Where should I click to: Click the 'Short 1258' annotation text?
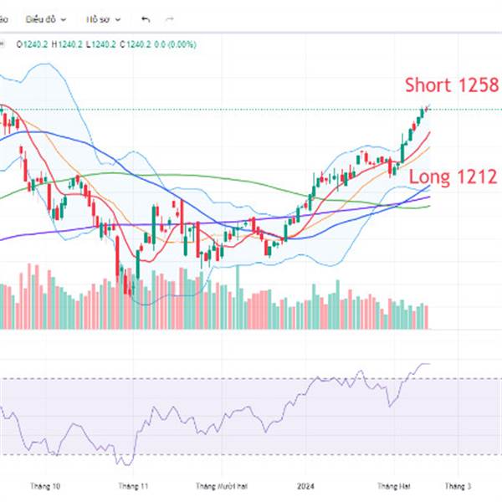click(452, 85)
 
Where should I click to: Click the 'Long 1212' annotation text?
click(453, 177)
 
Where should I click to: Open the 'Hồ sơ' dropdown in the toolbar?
click(105, 18)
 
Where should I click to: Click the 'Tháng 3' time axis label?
click(458, 485)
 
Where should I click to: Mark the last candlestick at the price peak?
click(427, 108)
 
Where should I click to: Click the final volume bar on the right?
click(427, 316)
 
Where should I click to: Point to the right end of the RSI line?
click(428, 364)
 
